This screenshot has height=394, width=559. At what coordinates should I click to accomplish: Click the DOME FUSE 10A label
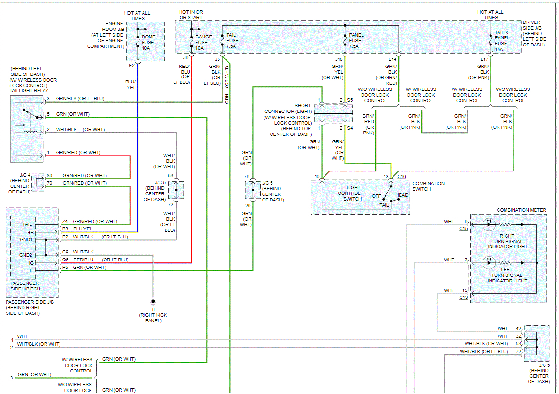click(x=148, y=42)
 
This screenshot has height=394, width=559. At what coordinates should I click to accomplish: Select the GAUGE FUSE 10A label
click(x=204, y=42)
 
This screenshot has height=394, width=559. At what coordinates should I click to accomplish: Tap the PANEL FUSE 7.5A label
click(x=356, y=40)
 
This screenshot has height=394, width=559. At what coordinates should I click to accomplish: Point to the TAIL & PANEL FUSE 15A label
click(x=502, y=40)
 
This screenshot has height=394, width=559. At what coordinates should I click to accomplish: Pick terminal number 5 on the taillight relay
click(x=48, y=114)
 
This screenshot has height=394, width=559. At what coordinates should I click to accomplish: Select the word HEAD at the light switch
click(x=401, y=195)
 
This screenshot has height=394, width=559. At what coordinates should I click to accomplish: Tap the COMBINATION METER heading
click(x=521, y=210)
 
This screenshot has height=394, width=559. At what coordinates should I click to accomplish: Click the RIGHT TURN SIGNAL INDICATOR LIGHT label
click(x=507, y=241)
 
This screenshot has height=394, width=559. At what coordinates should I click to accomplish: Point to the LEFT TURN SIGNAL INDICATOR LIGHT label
click(x=507, y=275)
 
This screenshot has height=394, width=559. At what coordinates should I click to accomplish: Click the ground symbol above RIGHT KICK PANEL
click(x=153, y=302)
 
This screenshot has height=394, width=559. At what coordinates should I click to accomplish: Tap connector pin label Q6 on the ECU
click(x=66, y=260)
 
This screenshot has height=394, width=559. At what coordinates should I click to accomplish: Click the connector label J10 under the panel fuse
click(x=339, y=59)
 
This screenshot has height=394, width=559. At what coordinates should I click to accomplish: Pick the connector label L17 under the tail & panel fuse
click(x=484, y=59)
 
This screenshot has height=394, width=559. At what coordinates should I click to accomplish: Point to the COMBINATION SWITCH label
click(x=429, y=186)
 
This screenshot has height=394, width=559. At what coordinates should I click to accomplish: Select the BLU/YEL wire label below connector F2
click(x=130, y=84)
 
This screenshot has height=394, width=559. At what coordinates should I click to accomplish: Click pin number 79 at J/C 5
click(x=246, y=176)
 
